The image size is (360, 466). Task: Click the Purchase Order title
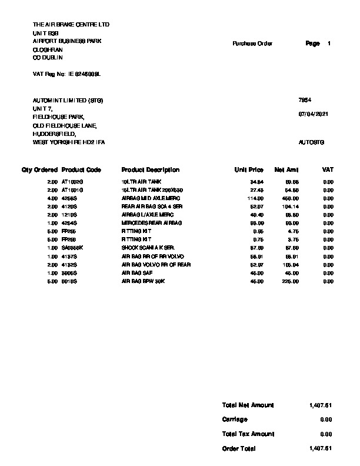pyautogui.click(x=252, y=44)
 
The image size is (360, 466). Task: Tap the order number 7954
pyautogui.click(x=305, y=101)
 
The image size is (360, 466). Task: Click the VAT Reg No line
pyautogui.click(x=66, y=75)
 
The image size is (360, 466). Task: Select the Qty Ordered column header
pyautogui.click(x=39, y=170)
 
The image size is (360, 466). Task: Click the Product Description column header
pyautogui.click(x=150, y=170)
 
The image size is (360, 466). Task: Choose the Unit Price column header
pyautogui.click(x=249, y=170)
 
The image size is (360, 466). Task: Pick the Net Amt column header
pyautogui.click(x=287, y=170)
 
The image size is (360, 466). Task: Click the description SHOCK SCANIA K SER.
pyautogui.click(x=145, y=248)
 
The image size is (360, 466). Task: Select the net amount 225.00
pyautogui.click(x=292, y=281)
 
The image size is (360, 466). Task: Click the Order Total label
pyautogui.click(x=239, y=448)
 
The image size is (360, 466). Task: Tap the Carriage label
pyautogui.click(x=235, y=420)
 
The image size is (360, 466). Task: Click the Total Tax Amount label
pyautogui.click(x=248, y=434)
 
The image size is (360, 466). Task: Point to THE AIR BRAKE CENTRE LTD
pyautogui.click(x=71, y=25)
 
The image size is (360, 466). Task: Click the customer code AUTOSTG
pyautogui.click(x=312, y=142)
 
